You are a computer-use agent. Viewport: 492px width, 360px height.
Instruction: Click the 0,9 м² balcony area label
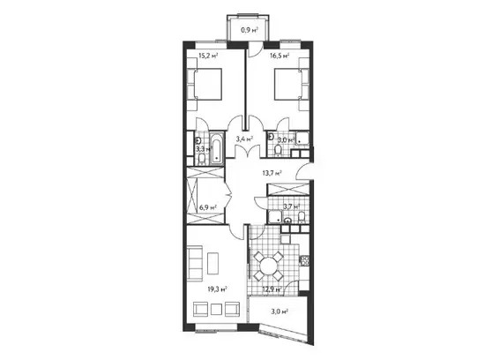point(250,30)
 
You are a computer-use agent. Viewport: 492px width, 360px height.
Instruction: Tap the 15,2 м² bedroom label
point(208,56)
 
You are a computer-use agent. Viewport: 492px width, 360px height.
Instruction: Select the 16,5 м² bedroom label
point(280,56)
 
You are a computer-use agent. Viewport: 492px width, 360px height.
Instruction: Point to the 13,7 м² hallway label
point(272,172)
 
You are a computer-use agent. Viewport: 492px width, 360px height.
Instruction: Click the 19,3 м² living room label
point(218,289)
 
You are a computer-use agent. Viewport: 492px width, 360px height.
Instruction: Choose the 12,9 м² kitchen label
point(272,289)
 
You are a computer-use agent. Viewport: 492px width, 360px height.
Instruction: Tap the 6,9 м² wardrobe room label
point(208,207)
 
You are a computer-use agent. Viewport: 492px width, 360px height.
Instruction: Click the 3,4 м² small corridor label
point(244,139)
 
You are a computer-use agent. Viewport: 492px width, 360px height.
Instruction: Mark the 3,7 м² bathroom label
point(292,206)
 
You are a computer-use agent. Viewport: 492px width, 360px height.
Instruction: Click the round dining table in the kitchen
point(268,266)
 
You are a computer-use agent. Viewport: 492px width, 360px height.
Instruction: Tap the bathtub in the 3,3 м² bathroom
point(217,149)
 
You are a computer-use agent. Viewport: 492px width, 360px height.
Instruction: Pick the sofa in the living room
point(195,264)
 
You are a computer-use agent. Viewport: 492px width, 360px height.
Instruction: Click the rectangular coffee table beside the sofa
point(213,263)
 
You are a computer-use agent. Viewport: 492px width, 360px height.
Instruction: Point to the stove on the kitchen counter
point(305,260)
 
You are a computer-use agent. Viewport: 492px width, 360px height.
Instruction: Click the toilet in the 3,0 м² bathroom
point(278,150)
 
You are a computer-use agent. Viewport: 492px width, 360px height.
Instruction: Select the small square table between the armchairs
point(217,310)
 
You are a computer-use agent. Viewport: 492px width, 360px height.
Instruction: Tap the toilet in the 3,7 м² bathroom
point(302,218)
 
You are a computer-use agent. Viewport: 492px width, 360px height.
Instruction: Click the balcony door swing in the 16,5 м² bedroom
point(254,51)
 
